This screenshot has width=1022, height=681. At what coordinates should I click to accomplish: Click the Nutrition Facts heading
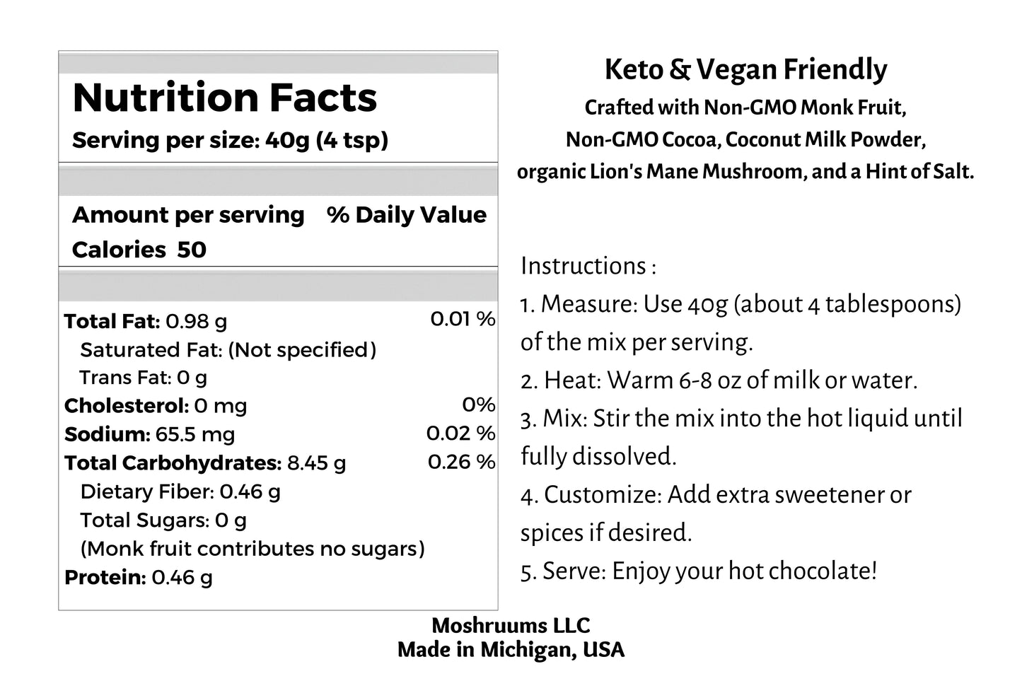[x=224, y=98]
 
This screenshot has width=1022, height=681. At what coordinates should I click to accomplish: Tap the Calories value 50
[x=191, y=250]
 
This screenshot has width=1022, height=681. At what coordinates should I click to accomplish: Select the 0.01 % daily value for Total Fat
[x=463, y=319]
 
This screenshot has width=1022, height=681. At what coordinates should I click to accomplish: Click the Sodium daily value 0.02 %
[x=460, y=433]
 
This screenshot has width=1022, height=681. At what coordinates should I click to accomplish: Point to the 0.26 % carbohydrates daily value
[x=461, y=462]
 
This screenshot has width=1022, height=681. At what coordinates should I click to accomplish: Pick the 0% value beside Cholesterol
[x=478, y=404]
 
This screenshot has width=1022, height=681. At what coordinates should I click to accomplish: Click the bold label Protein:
[x=105, y=577]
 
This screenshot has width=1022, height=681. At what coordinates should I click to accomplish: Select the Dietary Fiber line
[x=180, y=491]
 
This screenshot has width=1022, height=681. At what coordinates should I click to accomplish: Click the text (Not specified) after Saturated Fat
[x=302, y=349]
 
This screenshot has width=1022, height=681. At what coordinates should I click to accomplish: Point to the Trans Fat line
[x=143, y=378]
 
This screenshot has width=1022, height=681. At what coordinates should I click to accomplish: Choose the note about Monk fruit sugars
[x=252, y=548]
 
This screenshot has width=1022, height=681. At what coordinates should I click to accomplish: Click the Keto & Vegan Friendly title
[x=745, y=69]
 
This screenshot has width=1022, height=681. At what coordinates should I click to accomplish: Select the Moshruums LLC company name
[x=511, y=625]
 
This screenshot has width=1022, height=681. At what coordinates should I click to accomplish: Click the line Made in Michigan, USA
[x=511, y=649]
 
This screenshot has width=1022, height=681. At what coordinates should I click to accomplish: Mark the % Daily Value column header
[x=407, y=214]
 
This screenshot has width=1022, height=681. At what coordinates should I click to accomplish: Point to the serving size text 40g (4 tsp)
[x=327, y=140]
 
